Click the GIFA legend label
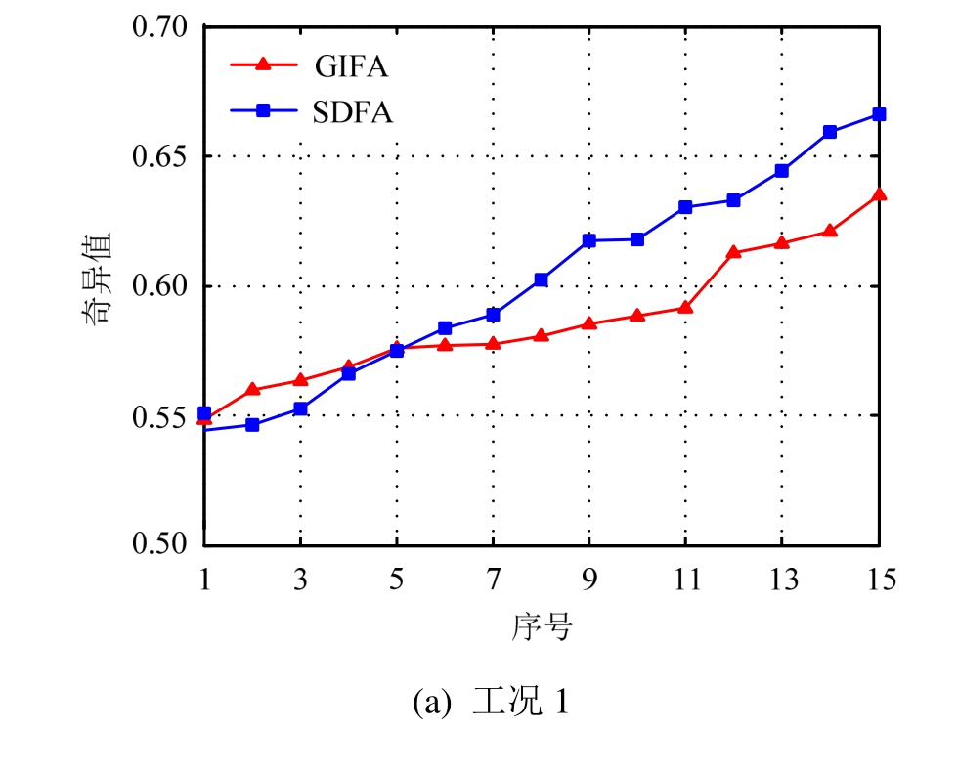(x=352, y=66)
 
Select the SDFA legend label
(x=354, y=112)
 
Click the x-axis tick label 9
(x=589, y=580)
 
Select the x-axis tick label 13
(x=782, y=580)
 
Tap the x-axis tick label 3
(x=300, y=580)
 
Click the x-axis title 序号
(x=541, y=626)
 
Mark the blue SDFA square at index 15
(x=879, y=114)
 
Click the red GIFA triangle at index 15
(x=879, y=194)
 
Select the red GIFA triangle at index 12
(x=734, y=252)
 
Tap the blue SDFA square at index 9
(x=589, y=240)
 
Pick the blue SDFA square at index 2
(x=252, y=425)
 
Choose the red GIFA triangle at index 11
(x=686, y=308)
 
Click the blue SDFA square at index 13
(x=782, y=171)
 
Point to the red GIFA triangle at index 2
(x=252, y=389)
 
